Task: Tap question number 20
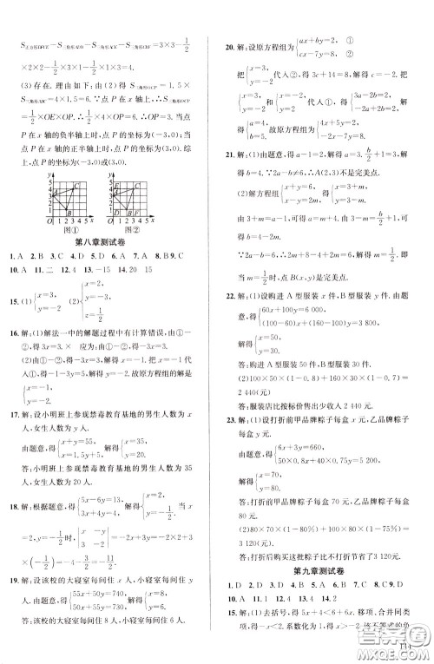click(231, 49)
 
